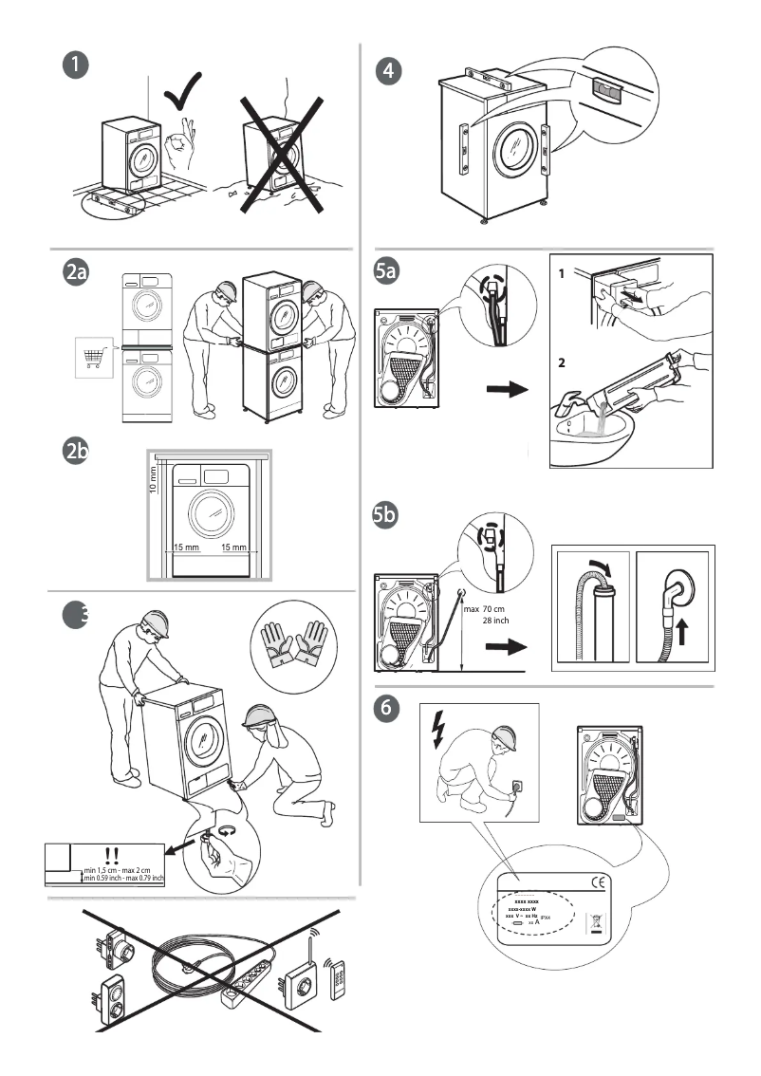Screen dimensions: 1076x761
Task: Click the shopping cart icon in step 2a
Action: (93, 359)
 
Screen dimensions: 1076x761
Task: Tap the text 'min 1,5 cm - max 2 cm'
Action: (123, 869)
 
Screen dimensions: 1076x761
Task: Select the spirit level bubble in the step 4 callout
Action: (604, 88)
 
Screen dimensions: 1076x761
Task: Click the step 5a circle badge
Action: (387, 271)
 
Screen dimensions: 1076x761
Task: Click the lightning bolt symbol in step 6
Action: (437, 727)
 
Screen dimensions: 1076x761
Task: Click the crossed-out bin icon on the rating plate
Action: (596, 920)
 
